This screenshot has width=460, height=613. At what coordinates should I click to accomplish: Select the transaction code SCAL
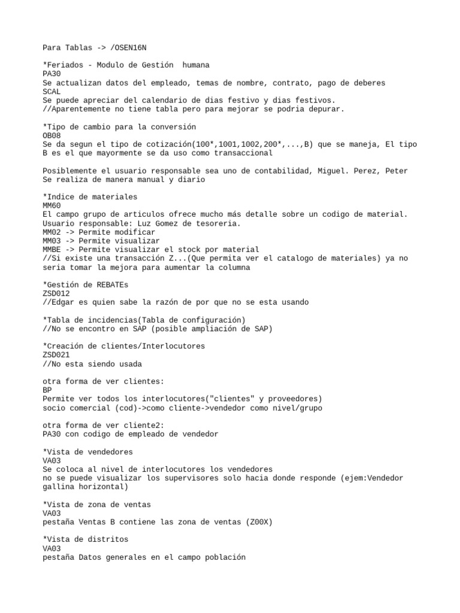[52, 91]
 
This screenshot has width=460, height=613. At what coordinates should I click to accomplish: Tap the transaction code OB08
[52, 136]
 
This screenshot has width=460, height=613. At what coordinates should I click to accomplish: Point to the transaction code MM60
[52, 205]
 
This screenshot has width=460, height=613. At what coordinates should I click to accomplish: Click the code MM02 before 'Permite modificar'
[52, 232]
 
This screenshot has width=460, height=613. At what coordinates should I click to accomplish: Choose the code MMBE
[52, 249]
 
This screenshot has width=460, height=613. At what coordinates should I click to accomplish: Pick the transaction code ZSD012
[56, 293]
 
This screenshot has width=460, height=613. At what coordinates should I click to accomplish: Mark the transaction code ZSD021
[56, 355]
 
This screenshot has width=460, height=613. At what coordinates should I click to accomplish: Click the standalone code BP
[47, 390]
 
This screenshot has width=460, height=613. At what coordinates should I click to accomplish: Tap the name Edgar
[63, 302]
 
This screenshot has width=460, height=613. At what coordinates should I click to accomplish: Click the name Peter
[396, 171]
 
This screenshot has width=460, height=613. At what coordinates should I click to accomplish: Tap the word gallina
[60, 487]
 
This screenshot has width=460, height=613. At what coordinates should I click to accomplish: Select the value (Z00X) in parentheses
[258, 522]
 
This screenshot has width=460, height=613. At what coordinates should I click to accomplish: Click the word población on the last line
[224, 557]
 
